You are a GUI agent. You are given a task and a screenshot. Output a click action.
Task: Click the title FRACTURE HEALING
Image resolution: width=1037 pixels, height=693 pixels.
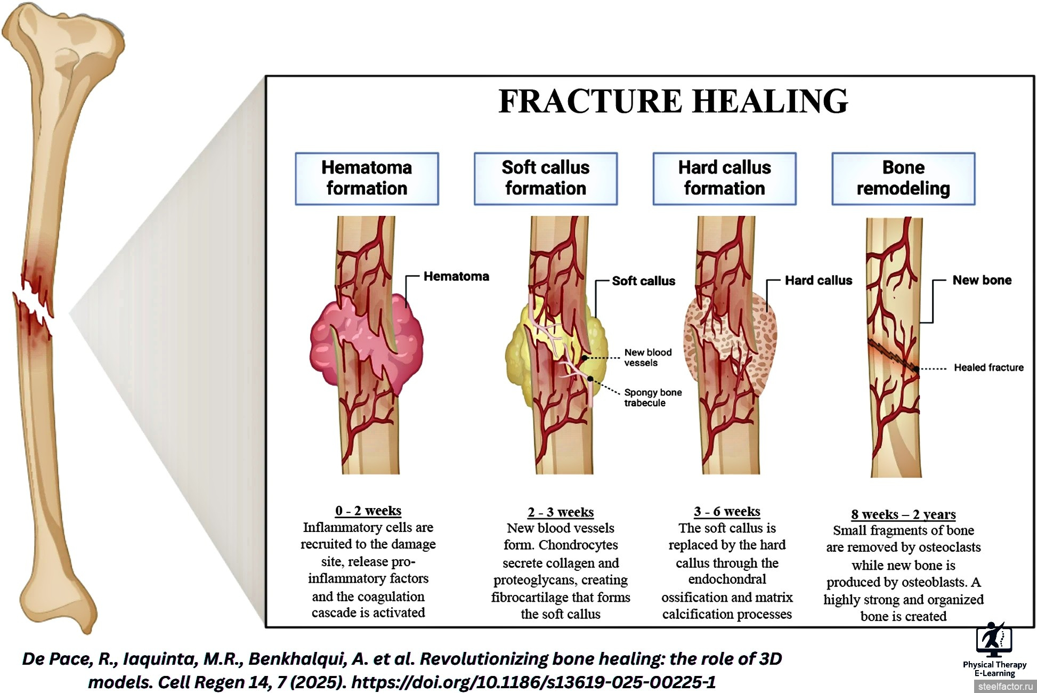673,101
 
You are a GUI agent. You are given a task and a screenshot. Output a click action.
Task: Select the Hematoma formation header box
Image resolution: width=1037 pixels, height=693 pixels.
367,179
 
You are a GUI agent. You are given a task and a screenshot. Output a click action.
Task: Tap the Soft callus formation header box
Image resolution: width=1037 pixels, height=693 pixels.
546,179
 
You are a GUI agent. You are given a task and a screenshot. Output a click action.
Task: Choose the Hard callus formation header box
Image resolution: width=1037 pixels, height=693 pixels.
725,179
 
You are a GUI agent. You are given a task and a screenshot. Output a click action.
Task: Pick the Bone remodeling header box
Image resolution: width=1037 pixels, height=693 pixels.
903,179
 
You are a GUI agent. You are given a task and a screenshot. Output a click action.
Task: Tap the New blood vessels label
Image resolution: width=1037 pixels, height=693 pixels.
648,358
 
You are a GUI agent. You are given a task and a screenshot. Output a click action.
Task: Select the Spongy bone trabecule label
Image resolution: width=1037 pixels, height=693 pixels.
653,398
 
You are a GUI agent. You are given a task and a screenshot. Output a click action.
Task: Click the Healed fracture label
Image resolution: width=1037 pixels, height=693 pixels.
989,367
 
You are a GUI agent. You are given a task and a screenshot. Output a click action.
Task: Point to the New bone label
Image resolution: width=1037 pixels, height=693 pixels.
982,280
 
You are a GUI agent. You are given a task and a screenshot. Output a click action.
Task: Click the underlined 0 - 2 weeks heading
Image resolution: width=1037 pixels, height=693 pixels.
368,511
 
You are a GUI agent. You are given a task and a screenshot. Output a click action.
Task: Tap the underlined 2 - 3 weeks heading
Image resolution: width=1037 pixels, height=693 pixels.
561,512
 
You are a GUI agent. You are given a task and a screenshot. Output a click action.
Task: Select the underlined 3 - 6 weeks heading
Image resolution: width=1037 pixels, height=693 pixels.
727,512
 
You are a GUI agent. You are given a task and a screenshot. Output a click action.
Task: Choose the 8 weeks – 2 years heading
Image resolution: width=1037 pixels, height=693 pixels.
903,514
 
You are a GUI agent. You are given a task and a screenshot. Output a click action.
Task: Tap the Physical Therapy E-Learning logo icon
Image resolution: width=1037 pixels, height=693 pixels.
994,640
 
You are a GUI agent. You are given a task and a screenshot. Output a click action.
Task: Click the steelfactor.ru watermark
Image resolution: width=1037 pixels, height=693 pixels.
1005,687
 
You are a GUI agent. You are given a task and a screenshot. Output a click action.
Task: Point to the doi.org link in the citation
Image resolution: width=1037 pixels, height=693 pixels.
533,682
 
